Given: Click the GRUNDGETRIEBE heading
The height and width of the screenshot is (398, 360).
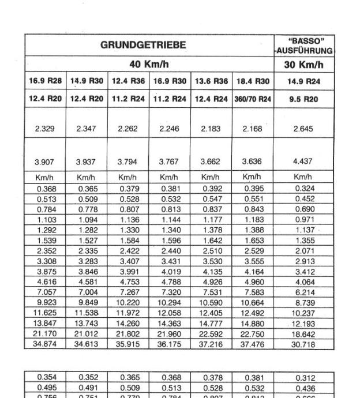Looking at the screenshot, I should tap(149, 44).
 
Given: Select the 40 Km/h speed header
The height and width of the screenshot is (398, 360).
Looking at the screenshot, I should tap(149, 64).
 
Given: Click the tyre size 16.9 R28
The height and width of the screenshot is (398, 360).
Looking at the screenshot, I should tap(46, 81).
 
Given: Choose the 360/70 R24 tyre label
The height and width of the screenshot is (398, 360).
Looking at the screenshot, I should tap(253, 99).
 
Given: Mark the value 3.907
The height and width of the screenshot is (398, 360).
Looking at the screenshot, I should tap(46, 162).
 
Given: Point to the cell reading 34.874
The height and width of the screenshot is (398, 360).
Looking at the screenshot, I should tap(46, 344).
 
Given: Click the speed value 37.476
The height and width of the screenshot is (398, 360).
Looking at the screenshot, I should tap(253, 344).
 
